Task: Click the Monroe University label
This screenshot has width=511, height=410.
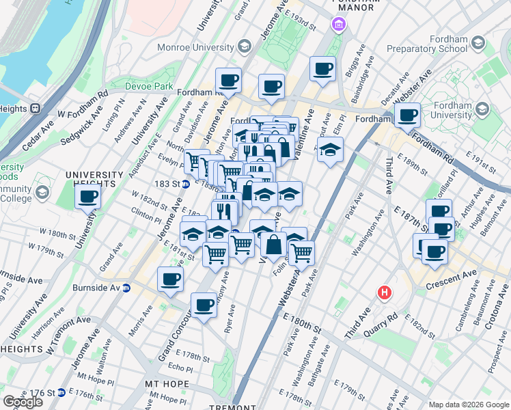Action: (x=195, y=46)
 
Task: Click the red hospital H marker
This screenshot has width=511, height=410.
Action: (x=385, y=292)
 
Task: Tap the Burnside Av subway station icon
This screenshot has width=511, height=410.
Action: (x=126, y=288)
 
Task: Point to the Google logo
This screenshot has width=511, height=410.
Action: (x=23, y=401)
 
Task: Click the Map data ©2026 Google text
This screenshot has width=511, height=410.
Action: (x=469, y=405)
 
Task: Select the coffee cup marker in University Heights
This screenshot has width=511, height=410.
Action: (x=88, y=197)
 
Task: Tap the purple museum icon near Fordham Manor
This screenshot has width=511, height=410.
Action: (x=337, y=26)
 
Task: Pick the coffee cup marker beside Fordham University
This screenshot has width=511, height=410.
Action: (x=408, y=115)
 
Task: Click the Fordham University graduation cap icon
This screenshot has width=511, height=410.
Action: (x=483, y=110)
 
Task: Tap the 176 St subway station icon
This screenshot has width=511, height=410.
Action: (x=61, y=393)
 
